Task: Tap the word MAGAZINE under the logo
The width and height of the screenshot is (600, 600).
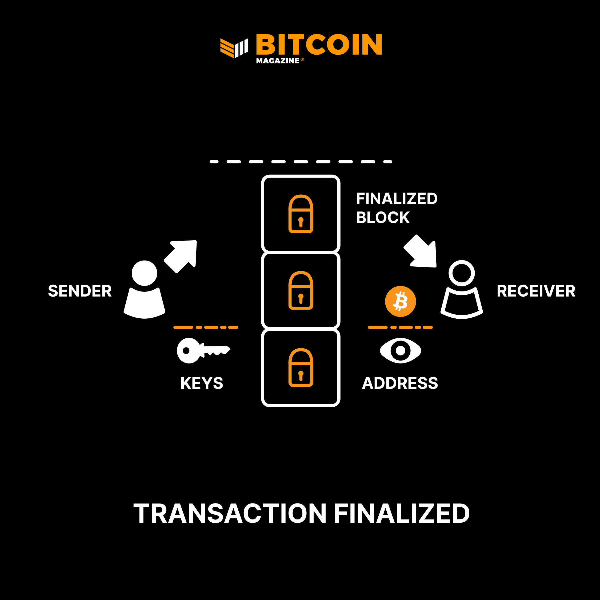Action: coord(277,61)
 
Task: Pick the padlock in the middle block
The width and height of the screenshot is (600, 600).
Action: coord(301,290)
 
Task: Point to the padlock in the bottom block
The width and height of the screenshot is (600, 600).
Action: coord(301,367)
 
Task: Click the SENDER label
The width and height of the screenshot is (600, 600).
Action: coord(80,291)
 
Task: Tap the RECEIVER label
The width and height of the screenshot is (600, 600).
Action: coord(536,291)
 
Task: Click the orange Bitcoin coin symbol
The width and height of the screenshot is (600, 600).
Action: coord(400,301)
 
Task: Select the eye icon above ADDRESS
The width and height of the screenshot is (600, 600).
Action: coord(400,351)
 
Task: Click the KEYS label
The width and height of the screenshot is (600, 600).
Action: coord(202,383)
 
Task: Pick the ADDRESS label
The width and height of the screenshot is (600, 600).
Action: coord(400,383)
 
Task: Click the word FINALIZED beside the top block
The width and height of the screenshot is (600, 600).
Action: coord(397,199)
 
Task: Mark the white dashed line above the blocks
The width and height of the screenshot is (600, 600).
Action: coord(301,162)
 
